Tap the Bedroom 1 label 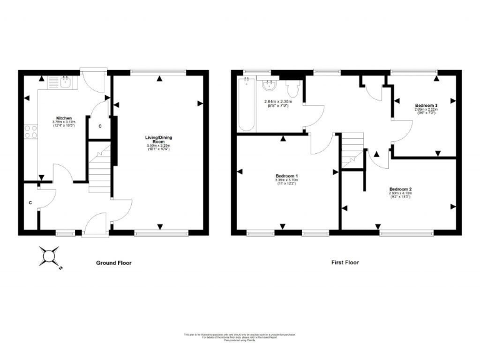287,176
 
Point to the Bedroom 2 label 400,189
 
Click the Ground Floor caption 114,263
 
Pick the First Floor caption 345,263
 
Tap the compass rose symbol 50,255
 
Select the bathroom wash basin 270,86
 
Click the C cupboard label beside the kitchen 100,126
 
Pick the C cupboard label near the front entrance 31,202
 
